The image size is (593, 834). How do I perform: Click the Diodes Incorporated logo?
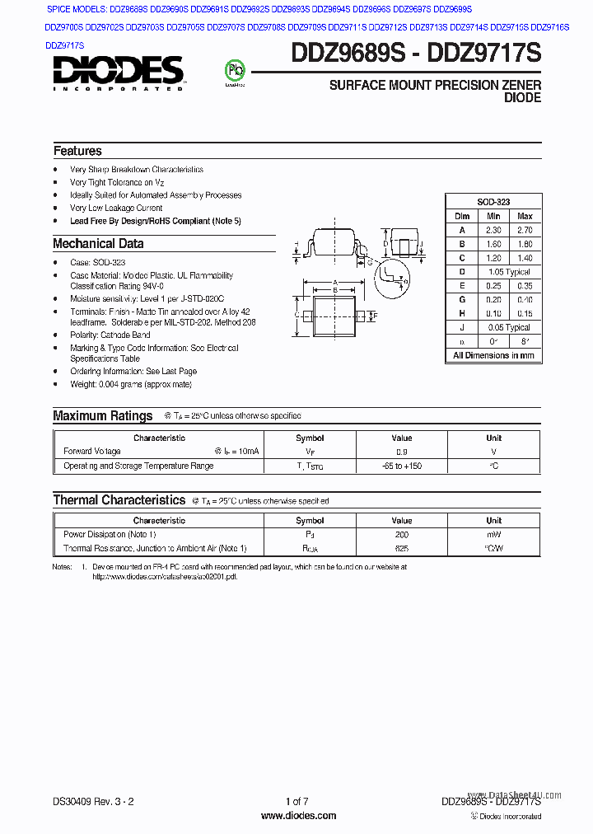[119, 73]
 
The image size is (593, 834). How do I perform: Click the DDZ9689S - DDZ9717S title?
[416, 54]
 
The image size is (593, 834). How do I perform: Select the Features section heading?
[77, 151]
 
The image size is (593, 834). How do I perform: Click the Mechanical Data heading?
[98, 244]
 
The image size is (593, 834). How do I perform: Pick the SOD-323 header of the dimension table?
[493, 202]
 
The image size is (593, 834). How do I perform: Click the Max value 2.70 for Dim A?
[525, 231]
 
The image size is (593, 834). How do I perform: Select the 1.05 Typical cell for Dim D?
[508, 272]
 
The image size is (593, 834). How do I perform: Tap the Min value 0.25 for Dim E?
[493, 286]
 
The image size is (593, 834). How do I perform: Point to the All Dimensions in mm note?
[493, 355]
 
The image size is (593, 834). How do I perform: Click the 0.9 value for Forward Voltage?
[401, 452]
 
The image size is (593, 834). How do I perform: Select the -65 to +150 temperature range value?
[401, 466]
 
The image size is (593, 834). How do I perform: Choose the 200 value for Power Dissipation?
[401, 535]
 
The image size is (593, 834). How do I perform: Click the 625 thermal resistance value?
[401, 549]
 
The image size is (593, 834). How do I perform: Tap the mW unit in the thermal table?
[493, 535]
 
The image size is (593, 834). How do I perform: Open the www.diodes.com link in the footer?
[297, 816]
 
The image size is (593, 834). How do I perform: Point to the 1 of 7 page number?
[296, 801]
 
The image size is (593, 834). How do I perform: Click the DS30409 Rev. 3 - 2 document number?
[93, 801]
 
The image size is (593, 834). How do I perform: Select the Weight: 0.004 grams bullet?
[131, 385]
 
